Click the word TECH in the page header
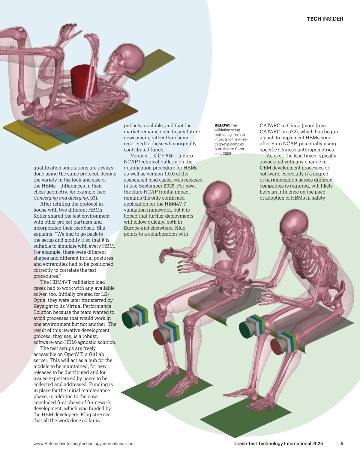pos(314,19)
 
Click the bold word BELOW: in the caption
pos(222,125)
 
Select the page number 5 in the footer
pos(342,443)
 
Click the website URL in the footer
pos(84,444)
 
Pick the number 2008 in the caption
pos(227,154)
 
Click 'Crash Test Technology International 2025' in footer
pos(278,444)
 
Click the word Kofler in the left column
pos(40,216)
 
